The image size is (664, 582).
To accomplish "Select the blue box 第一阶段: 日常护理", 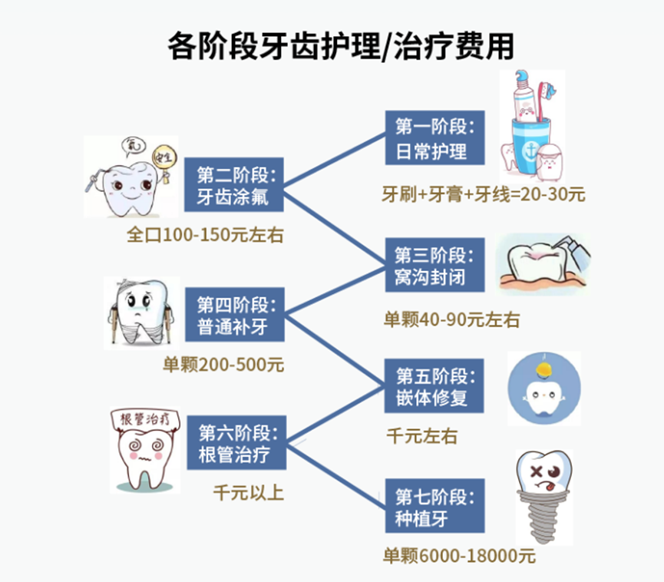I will point(434,138).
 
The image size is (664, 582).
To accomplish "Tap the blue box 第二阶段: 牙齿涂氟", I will point(235,184).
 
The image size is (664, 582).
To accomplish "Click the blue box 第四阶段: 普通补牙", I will point(235,315).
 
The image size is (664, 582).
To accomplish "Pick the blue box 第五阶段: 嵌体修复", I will point(434,388).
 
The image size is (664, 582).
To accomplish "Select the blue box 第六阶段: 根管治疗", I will point(235,441).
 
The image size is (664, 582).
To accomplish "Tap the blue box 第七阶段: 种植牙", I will point(434,506).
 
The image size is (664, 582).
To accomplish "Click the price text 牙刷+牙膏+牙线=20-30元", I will point(484,195).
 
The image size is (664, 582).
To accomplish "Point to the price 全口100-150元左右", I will point(205,235).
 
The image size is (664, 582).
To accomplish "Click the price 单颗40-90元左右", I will point(451,319).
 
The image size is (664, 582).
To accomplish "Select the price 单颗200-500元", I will point(223,365).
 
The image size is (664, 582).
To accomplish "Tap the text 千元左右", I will point(421,436).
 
